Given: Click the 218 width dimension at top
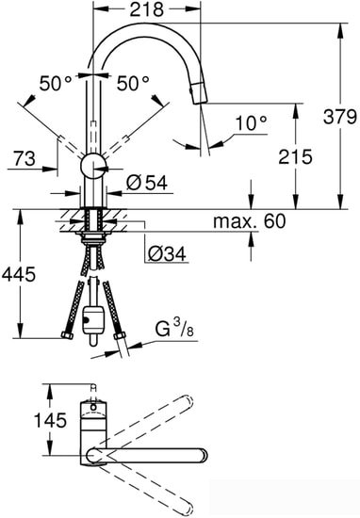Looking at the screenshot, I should [148, 10].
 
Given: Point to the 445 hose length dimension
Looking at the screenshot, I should [18, 275].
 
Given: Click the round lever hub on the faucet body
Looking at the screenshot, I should [92, 166].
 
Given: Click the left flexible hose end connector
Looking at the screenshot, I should [65, 333].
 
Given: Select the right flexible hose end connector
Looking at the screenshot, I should [120, 332].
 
